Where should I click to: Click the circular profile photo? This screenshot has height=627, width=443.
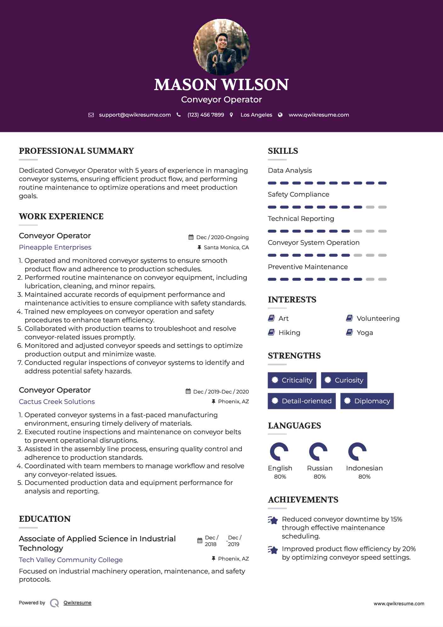click(x=221, y=47)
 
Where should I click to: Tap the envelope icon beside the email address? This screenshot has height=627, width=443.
click(x=91, y=115)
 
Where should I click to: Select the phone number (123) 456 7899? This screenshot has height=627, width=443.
click(x=206, y=115)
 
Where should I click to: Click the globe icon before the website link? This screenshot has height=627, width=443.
click(x=280, y=115)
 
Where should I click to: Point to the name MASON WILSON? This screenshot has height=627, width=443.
click(x=221, y=84)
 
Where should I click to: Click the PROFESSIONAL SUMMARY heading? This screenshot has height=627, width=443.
click(x=77, y=151)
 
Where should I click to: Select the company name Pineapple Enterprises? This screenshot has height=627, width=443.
click(x=55, y=247)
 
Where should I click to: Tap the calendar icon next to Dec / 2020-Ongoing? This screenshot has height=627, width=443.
click(x=191, y=237)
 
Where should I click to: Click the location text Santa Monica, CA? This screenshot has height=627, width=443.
click(x=226, y=248)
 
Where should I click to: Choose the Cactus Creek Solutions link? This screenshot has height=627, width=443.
click(x=57, y=402)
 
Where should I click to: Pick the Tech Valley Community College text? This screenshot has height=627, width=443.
click(x=71, y=560)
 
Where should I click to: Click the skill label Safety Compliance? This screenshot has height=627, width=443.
click(x=298, y=194)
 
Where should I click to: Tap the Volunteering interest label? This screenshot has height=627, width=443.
click(x=378, y=319)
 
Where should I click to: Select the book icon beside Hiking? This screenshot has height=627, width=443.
click(x=271, y=332)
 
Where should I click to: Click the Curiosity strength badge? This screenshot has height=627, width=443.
click(x=344, y=380)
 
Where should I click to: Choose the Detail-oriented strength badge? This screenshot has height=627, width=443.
click(x=302, y=401)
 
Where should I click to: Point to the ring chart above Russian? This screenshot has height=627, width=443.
click(x=318, y=452)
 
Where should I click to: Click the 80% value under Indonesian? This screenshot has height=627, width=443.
click(x=364, y=477)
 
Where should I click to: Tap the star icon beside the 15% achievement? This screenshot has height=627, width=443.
click(x=273, y=520)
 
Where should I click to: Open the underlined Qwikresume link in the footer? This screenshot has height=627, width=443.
click(x=77, y=603)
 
